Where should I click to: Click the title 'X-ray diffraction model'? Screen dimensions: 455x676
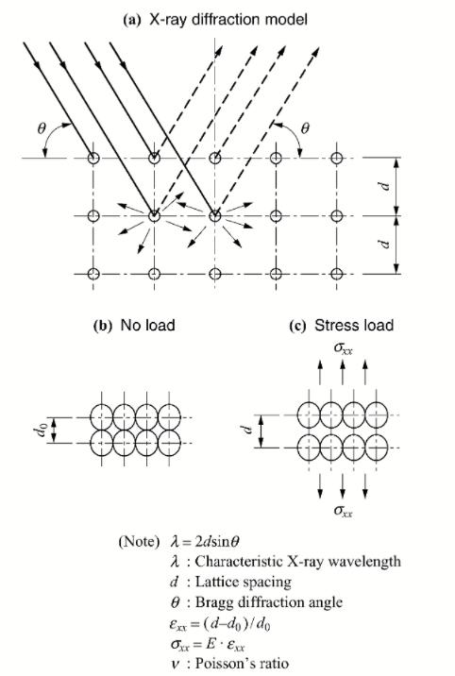[x=227, y=20]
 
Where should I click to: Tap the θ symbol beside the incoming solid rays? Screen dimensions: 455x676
[x=42, y=128]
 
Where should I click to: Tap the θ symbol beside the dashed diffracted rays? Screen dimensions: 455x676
[x=305, y=128]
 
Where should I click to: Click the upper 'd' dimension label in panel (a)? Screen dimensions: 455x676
[x=386, y=186]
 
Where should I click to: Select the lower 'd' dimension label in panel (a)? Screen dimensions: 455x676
[x=386, y=244]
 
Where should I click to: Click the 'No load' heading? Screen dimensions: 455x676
[x=148, y=325]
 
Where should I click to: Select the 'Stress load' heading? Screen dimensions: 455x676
[x=354, y=325]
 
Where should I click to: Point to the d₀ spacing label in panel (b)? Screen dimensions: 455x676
[x=41, y=431]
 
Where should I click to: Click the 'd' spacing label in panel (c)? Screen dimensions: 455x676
[x=246, y=430]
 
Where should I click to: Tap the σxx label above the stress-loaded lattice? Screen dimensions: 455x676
[x=343, y=348]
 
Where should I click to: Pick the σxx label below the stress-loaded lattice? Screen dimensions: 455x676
[x=343, y=511]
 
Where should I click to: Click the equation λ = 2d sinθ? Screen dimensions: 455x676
[x=205, y=541]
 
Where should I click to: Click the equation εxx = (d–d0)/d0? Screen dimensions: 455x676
[x=220, y=623]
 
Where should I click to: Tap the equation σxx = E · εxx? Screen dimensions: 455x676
[x=208, y=644]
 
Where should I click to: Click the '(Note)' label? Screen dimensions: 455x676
[x=139, y=541]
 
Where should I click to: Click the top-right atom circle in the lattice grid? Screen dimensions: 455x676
[x=337, y=159]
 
